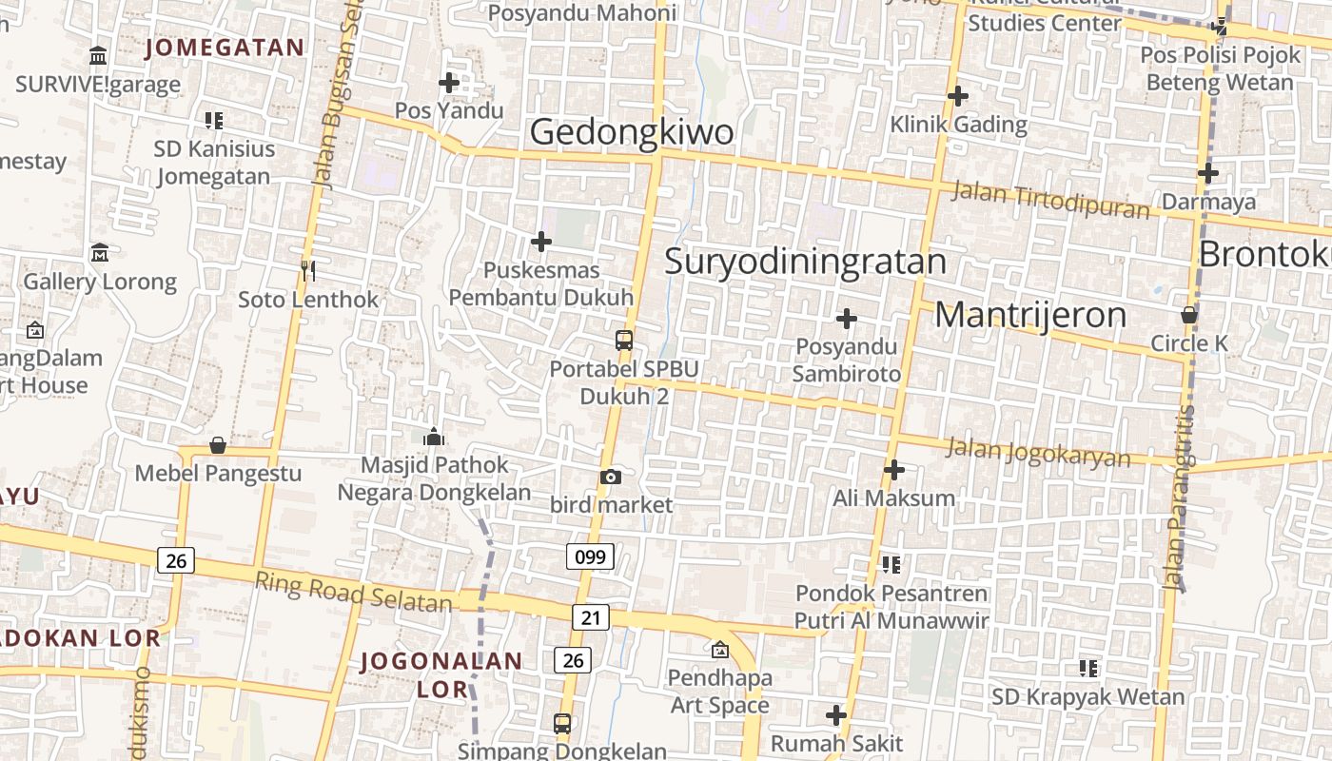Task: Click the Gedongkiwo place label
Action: pyautogui.click(x=631, y=132)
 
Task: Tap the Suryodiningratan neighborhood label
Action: pyautogui.click(x=805, y=261)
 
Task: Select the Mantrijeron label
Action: pyautogui.click(x=1030, y=315)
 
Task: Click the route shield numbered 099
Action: pyautogui.click(x=590, y=556)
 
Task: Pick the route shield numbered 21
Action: pyautogui.click(x=591, y=617)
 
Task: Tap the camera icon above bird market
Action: pyautogui.click(x=610, y=477)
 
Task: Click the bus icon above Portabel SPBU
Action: pyautogui.click(x=624, y=340)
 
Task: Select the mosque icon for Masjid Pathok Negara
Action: pyautogui.click(x=434, y=437)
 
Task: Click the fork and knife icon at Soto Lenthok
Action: pyautogui.click(x=307, y=271)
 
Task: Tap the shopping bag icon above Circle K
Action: pyautogui.click(x=1189, y=314)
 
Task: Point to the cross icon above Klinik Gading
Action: pyautogui.click(x=958, y=95)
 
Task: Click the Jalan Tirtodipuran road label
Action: pyautogui.click(x=1050, y=200)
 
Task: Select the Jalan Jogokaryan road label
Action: pyautogui.click(x=1039, y=452)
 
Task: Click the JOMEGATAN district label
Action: pyautogui.click(x=225, y=48)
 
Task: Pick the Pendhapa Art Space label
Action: pyautogui.click(x=719, y=692)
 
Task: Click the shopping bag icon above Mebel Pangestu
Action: pyautogui.click(x=218, y=444)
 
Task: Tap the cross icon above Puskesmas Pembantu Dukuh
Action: pyautogui.click(x=541, y=242)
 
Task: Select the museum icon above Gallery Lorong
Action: pyautogui.click(x=100, y=253)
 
